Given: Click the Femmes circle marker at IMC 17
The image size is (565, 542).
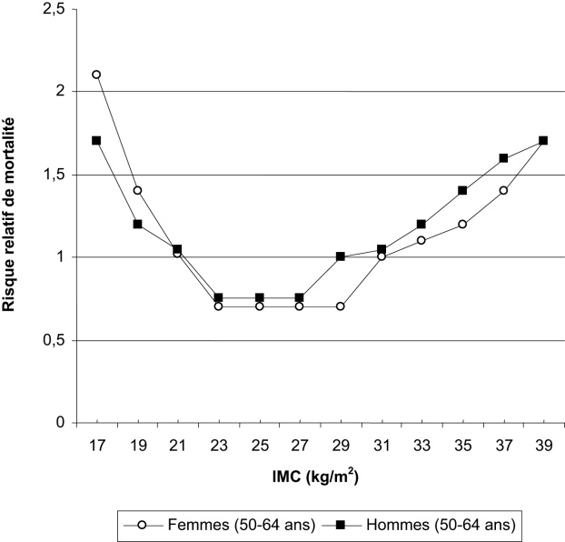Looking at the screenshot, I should click(96, 75).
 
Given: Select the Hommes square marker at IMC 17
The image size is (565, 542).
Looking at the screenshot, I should click(96, 141).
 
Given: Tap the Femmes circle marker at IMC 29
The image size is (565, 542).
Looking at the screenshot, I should click(340, 306).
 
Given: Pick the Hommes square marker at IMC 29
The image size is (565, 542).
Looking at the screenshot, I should click(340, 256).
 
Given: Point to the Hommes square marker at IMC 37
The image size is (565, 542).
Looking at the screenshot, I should click(502, 157).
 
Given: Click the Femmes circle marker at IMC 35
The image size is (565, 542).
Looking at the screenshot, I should click(461, 224).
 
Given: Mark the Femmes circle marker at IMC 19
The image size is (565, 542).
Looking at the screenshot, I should click(137, 191).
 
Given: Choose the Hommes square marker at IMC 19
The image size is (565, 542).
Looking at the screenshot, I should click(137, 224).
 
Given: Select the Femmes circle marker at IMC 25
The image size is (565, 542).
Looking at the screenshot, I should click(259, 306).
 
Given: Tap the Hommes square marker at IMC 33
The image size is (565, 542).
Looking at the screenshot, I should click(421, 224).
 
